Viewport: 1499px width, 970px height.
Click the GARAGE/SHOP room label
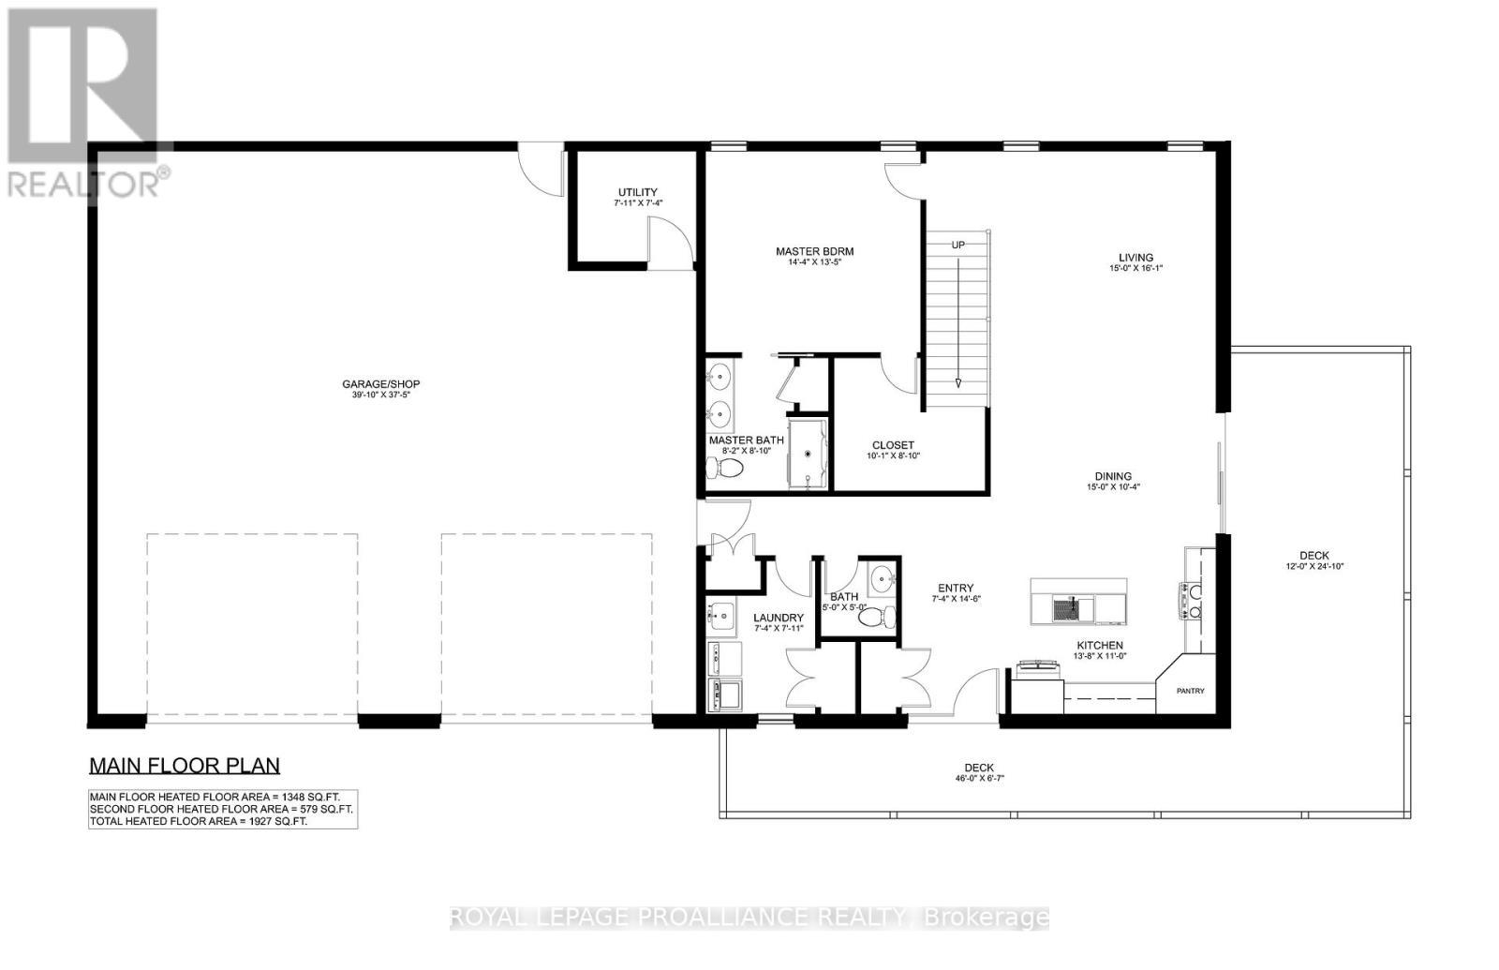380,384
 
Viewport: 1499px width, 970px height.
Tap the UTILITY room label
637,192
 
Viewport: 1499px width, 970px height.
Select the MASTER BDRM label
814,251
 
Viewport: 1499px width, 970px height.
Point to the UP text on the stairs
958,245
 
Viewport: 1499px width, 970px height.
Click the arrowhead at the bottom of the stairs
958,382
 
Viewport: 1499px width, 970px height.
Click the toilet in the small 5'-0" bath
875,618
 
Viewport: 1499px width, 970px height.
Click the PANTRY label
1190,691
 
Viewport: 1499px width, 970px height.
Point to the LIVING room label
1135,258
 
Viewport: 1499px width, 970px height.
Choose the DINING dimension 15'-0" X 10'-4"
1113,487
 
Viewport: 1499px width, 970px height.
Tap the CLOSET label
893,445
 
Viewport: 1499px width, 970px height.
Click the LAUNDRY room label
779,618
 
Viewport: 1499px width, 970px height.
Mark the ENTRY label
955,589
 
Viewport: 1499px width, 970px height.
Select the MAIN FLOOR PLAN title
185,766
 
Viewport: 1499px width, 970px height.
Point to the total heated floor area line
198,821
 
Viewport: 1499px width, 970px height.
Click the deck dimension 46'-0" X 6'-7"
979,779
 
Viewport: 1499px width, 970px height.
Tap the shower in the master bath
808,454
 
